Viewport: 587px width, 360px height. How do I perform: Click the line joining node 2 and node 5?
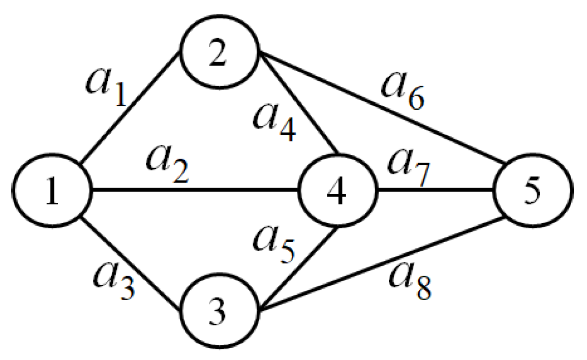tap(381, 107)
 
